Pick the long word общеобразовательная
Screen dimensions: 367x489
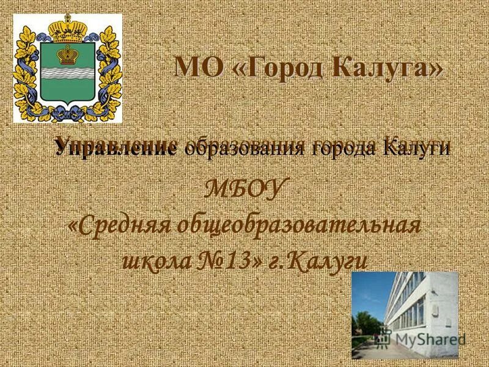[x=299, y=226]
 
